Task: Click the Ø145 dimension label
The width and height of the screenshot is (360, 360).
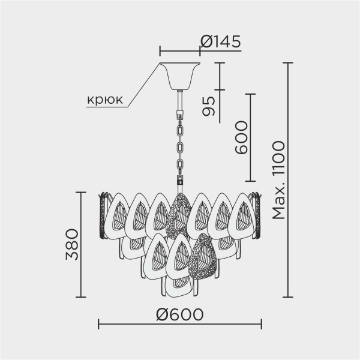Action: tap(220, 41)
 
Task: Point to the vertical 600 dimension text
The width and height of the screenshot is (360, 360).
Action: tap(240, 138)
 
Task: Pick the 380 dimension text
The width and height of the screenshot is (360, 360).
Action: tap(71, 244)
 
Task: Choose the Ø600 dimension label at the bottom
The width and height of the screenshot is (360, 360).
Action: tap(179, 314)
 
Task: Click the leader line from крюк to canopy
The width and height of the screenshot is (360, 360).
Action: tap(144, 84)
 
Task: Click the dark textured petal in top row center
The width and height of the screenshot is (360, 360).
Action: tap(179, 216)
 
